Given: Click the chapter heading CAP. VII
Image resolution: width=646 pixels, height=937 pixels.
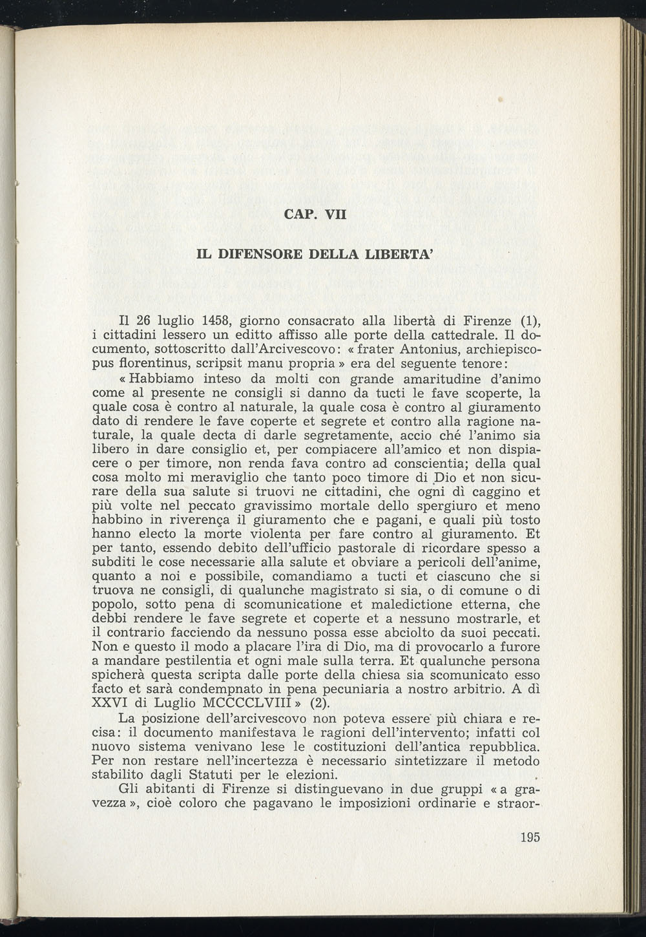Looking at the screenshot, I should pos(315,213).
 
